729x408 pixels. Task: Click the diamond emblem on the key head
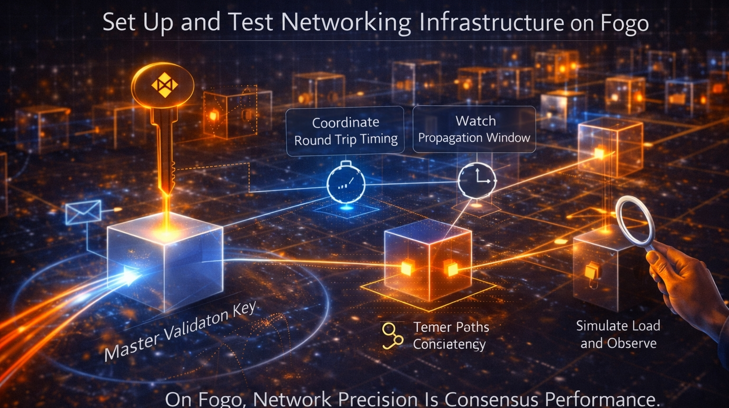click(164, 85)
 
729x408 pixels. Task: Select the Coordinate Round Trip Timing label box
click(345, 131)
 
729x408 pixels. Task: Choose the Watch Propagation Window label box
click(474, 129)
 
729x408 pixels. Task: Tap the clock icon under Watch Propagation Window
click(477, 180)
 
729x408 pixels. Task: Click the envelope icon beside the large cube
click(83, 212)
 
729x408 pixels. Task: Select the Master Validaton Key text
click(180, 331)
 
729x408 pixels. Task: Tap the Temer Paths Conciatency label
click(450, 335)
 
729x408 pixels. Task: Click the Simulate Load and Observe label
click(618, 335)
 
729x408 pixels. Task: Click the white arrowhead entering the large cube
click(130, 275)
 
